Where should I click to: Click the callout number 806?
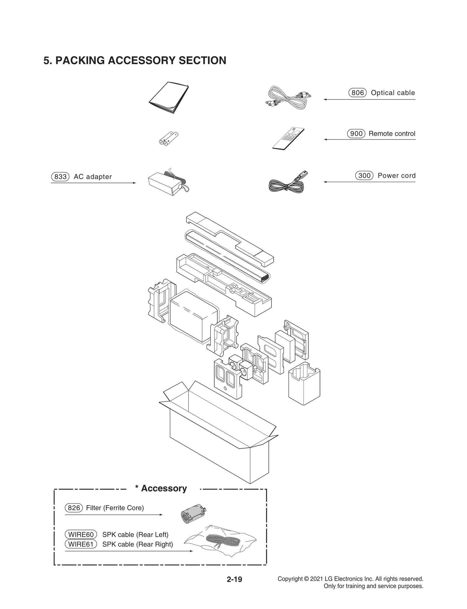pos(357,93)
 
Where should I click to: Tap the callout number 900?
pos(356,134)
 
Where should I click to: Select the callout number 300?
pos(364,176)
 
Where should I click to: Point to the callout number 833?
pos(60,177)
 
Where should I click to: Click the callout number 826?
pos(74,508)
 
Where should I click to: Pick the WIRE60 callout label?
pos(81,534)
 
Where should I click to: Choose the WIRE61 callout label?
pos(81,544)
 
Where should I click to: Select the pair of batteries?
pos(168,139)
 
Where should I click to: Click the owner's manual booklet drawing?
pos(169,98)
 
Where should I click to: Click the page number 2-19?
pos(234,579)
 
